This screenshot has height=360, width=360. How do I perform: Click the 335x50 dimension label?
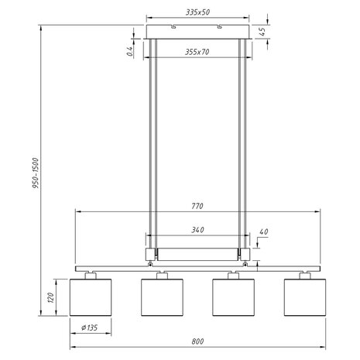(198, 13)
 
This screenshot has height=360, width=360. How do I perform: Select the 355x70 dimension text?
(198, 52)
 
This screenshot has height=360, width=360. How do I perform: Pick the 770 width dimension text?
(198, 207)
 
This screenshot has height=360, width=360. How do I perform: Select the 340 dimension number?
(198, 230)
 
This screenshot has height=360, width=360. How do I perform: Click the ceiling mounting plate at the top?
(198, 32)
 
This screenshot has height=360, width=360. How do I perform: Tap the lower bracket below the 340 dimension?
(198, 253)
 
